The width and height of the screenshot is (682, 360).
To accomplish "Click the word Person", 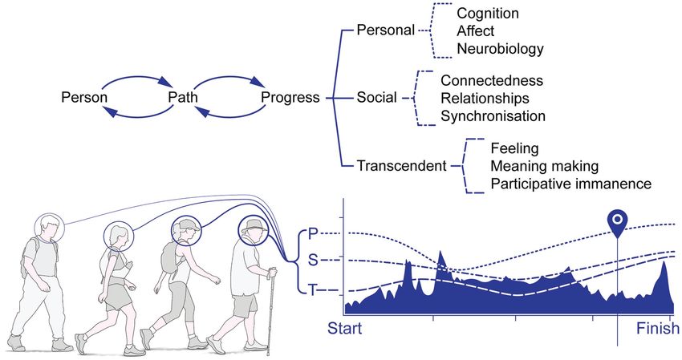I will click(x=84, y=98).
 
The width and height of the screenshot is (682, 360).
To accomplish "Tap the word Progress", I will click(x=290, y=98).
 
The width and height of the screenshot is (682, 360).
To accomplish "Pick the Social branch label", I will click(x=376, y=98).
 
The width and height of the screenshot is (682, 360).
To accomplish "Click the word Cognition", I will click(x=487, y=14).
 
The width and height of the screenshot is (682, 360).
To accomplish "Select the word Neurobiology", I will click(x=500, y=49).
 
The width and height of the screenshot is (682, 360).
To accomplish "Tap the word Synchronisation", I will click(x=493, y=115).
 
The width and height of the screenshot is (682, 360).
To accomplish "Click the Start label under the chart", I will click(x=345, y=328).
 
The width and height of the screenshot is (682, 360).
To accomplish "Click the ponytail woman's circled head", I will click(x=120, y=236).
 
